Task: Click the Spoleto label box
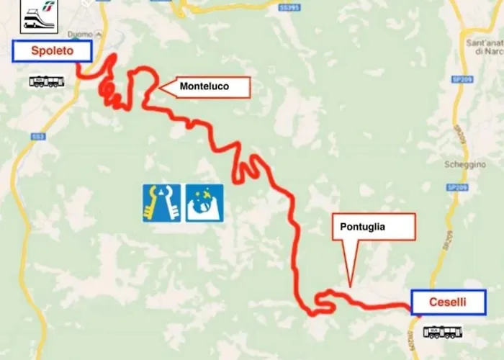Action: pyautogui.click(x=53, y=50)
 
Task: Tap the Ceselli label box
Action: pyautogui.click(x=448, y=302)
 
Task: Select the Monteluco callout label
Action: pyautogui.click(x=204, y=87)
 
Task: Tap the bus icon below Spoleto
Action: pyautogui.click(x=47, y=81)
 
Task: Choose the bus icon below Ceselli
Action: pyautogui.click(x=441, y=332)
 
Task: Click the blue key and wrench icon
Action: pyautogui.click(x=161, y=203)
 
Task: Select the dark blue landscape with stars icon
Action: pyautogui.click(x=204, y=203)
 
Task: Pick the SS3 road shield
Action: pyautogui.click(x=37, y=135)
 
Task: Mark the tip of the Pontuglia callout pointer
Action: pyautogui.click(x=350, y=287)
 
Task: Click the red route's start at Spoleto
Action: pyautogui.click(x=77, y=66)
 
